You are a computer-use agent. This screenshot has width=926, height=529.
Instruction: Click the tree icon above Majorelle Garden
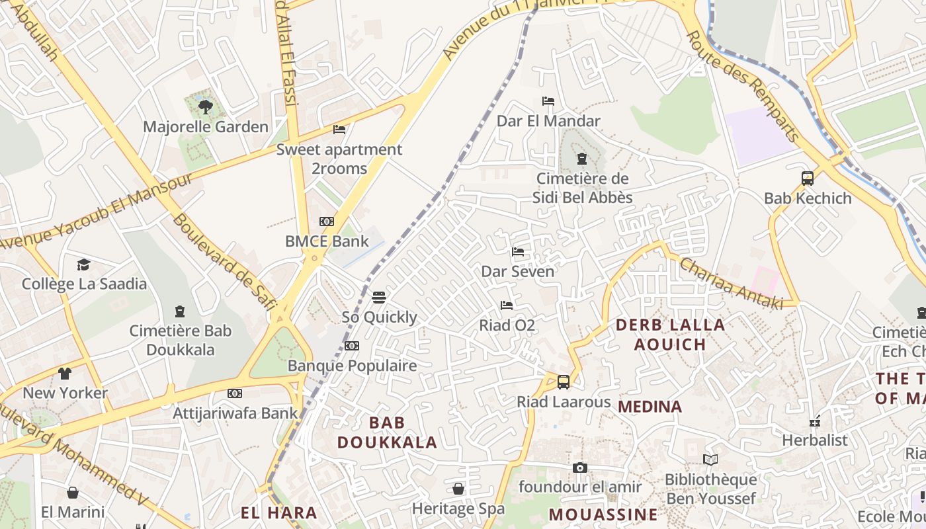[x=206, y=106]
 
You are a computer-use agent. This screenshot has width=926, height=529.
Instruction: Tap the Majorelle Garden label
[x=206, y=126]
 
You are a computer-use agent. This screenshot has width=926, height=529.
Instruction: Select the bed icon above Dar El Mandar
[x=548, y=101]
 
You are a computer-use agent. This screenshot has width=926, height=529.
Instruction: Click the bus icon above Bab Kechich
[x=807, y=178]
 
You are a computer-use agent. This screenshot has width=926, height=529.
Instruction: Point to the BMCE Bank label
[x=327, y=241]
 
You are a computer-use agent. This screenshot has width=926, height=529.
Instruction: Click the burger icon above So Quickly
[x=379, y=297]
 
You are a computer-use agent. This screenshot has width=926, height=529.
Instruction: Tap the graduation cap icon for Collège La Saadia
[x=83, y=264]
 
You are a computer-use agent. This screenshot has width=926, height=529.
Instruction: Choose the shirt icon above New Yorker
[x=65, y=374]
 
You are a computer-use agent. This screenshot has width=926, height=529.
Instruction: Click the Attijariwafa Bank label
[x=235, y=413]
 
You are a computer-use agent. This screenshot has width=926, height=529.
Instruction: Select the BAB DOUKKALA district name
[x=388, y=432]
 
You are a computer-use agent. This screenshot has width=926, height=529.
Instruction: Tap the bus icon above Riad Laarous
[x=564, y=382]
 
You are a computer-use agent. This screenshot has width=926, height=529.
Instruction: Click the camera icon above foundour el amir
[x=580, y=468]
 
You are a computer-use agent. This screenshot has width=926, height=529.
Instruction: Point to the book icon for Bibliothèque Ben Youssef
[x=710, y=460]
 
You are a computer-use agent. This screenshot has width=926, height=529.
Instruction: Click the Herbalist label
[x=814, y=440]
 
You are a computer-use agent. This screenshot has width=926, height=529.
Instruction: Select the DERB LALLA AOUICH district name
[x=671, y=335]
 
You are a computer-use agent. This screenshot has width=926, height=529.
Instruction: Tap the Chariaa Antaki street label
[x=732, y=284]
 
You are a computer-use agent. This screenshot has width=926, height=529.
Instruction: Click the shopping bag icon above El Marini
[x=73, y=493]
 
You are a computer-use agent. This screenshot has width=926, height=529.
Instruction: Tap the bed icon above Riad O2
[x=507, y=305]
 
